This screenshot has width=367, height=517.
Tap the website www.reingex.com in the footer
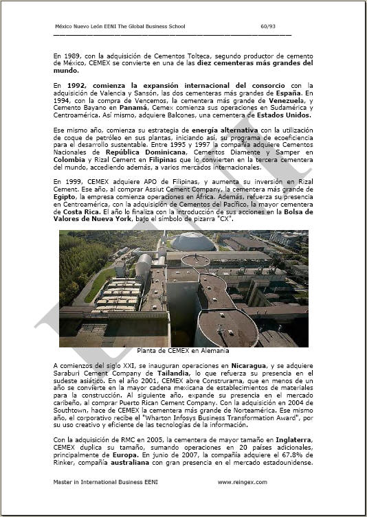(242, 482)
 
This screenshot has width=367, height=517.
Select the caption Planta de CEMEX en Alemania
(183, 350)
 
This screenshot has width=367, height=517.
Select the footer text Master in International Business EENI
(105, 482)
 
